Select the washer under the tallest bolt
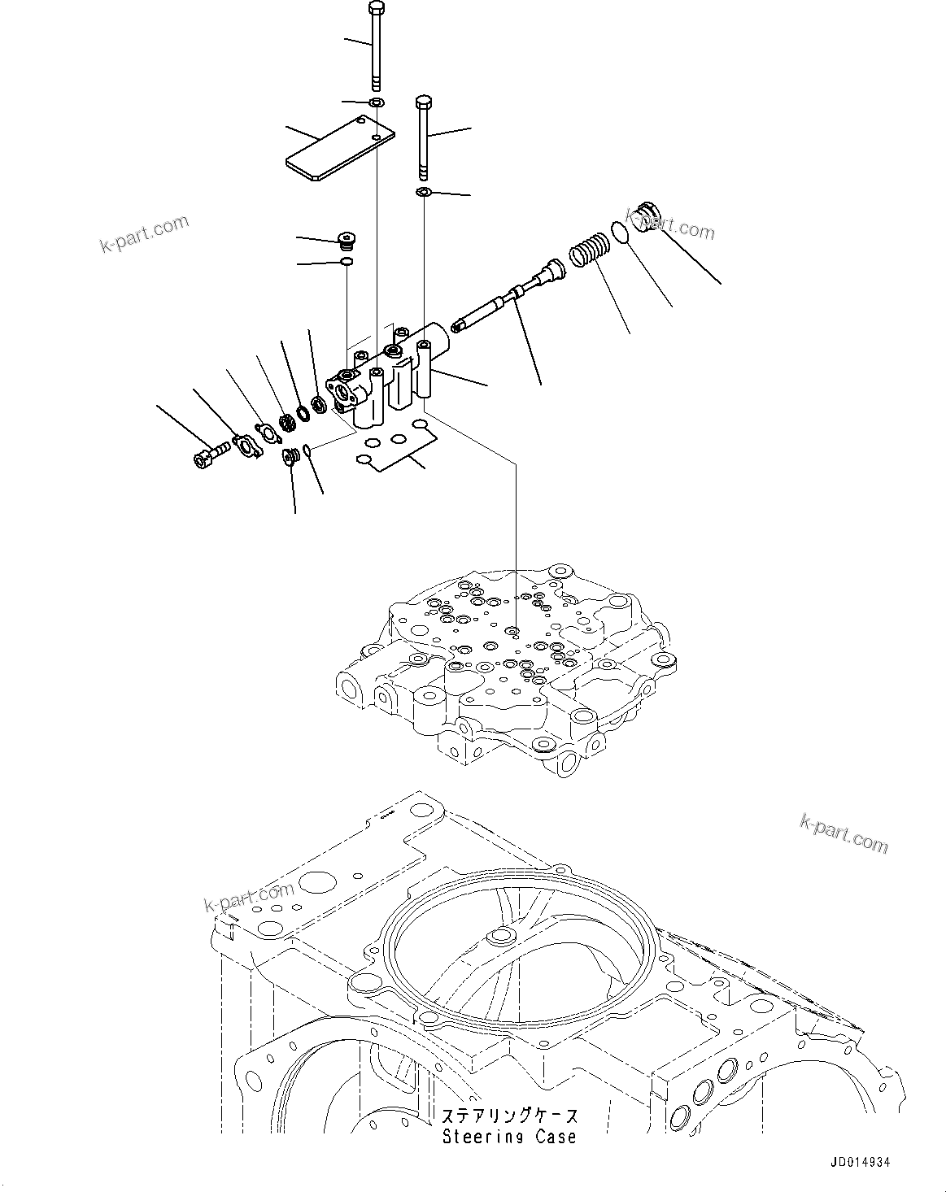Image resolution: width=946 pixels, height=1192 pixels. pyautogui.click(x=377, y=102)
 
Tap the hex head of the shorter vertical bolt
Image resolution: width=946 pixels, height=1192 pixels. pyautogui.click(x=423, y=102)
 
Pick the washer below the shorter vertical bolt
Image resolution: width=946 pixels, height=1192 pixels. pyautogui.click(x=424, y=191)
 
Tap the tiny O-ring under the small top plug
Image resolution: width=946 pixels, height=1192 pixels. pyautogui.click(x=347, y=261)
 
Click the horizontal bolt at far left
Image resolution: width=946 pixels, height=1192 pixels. pyautogui.click(x=208, y=455)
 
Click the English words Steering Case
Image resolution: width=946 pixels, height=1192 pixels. pyautogui.click(x=509, y=1137)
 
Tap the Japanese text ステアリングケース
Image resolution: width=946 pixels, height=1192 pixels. pyautogui.click(x=509, y=1116)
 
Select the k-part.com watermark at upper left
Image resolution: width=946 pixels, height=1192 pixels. pyautogui.click(x=144, y=233)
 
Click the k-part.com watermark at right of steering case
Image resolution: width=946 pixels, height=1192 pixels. pyautogui.click(x=844, y=834)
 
